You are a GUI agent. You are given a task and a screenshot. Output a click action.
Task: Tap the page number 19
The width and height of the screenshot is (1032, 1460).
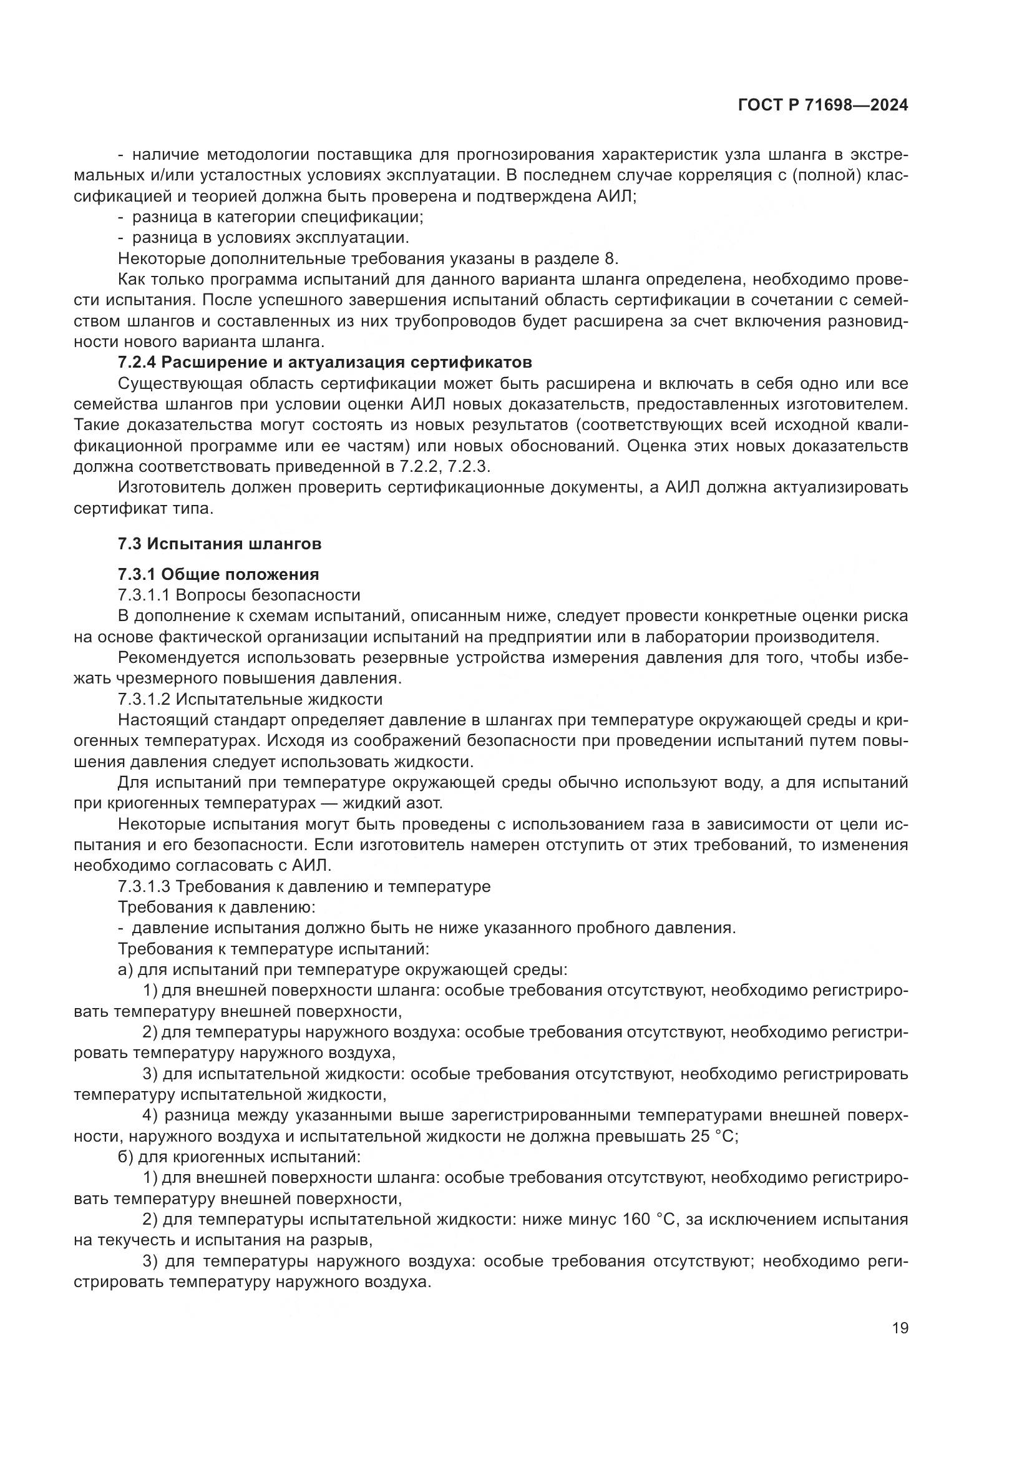click(x=900, y=1328)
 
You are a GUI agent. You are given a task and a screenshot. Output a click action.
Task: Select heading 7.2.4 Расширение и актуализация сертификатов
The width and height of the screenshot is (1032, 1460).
click(x=324, y=363)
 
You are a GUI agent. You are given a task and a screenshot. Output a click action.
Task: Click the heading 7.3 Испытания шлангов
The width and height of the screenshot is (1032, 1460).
click(x=219, y=544)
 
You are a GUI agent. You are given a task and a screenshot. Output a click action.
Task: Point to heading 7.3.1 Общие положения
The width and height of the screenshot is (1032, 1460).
click(x=218, y=574)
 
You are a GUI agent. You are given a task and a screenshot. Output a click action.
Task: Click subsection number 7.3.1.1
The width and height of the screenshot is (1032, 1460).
click(x=144, y=595)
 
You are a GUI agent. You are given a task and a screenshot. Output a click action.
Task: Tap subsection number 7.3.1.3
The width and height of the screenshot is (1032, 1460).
click(x=144, y=886)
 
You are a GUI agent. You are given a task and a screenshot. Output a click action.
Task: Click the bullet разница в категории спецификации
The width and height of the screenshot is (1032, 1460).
click(x=277, y=217)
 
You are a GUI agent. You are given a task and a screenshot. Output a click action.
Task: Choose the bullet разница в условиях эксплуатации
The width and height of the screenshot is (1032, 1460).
click(x=270, y=238)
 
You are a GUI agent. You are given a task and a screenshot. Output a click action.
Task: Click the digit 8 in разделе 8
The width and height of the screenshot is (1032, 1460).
click(x=612, y=259)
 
